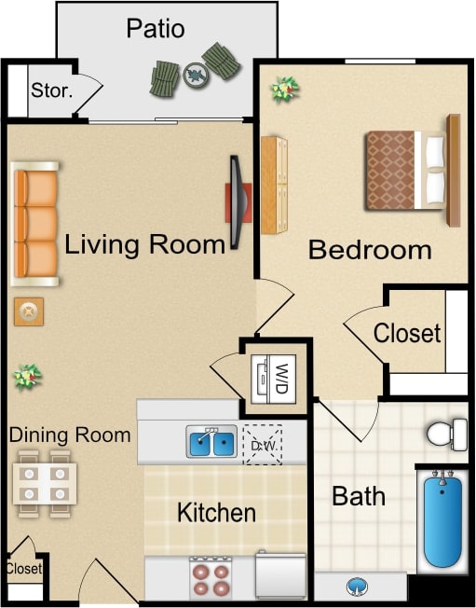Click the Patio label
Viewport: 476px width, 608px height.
[x=156, y=29]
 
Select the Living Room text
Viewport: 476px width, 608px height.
[x=145, y=245]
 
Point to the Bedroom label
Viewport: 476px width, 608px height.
[x=370, y=250]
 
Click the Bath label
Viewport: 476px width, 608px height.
[x=359, y=496]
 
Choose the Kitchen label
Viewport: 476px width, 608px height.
[x=216, y=512]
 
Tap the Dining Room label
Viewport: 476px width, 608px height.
[x=70, y=435]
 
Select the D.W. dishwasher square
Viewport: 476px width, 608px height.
[x=261, y=442]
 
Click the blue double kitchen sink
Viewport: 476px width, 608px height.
[x=212, y=441]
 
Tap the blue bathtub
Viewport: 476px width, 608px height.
[x=442, y=518]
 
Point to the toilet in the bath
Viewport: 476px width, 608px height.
[x=447, y=434]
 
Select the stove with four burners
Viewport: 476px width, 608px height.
[x=211, y=577]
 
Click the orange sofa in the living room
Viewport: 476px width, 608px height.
[x=36, y=224]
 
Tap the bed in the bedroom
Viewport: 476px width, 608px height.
[x=406, y=171]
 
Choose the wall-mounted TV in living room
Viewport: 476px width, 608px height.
[x=237, y=201]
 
